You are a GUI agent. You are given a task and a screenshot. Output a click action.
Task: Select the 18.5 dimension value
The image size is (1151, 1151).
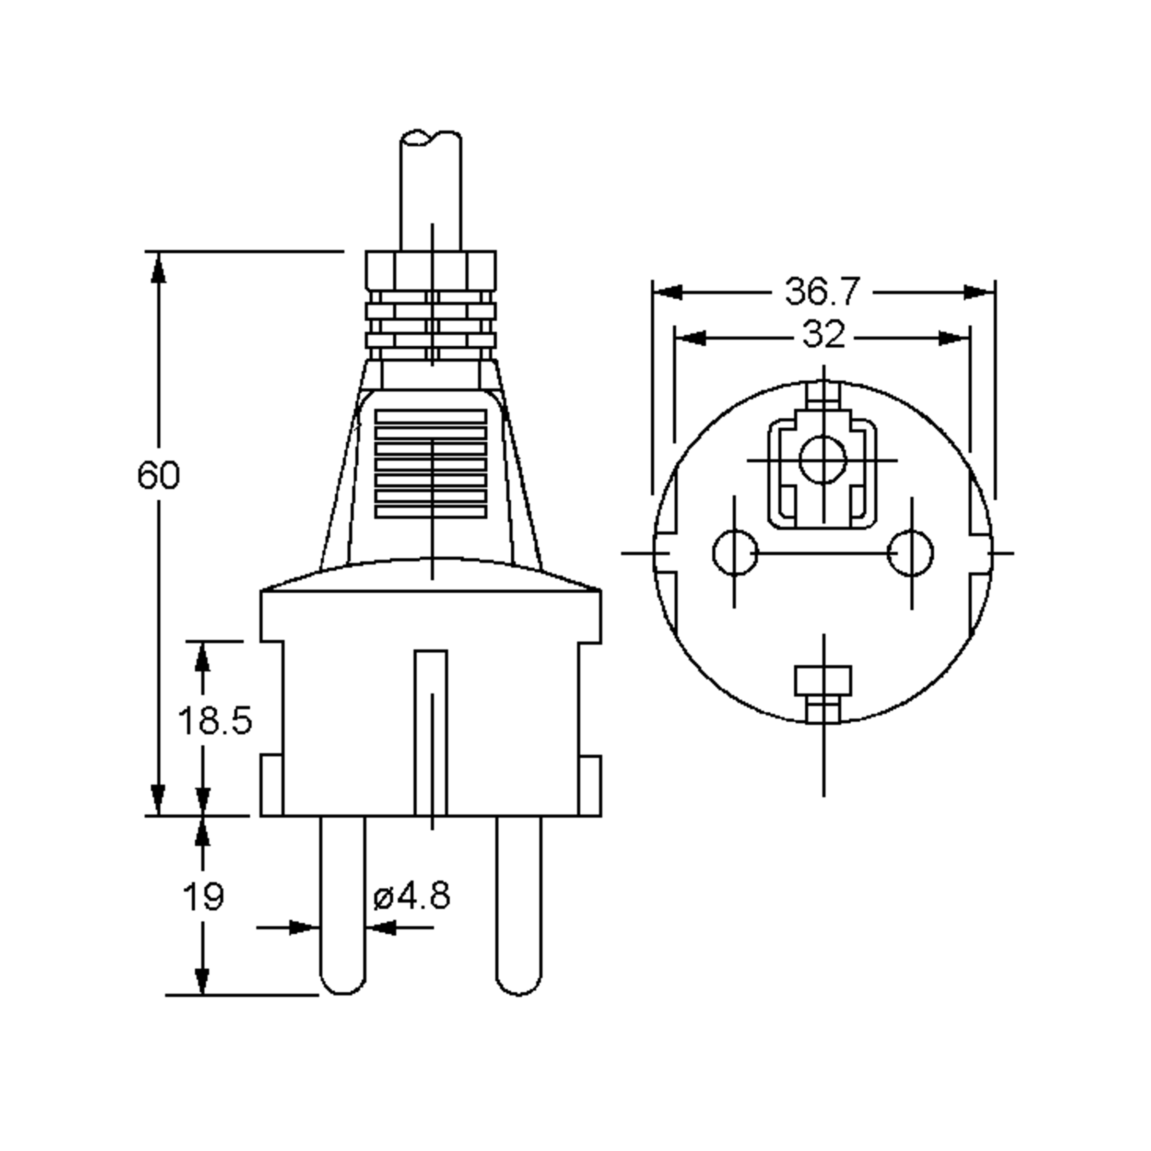coord(215,720)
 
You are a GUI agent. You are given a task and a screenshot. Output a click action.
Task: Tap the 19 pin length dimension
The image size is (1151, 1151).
coord(203,897)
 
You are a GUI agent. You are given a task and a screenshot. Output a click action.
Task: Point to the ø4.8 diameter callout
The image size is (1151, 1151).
coord(411,895)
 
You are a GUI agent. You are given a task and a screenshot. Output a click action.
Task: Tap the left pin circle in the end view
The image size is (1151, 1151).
coord(735,553)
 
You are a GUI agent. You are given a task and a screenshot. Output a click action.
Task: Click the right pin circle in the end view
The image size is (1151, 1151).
coord(910,553)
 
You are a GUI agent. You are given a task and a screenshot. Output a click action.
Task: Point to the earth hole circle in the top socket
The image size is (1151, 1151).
coord(823,460)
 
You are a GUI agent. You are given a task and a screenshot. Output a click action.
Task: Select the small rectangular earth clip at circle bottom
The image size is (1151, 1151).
coord(823,681)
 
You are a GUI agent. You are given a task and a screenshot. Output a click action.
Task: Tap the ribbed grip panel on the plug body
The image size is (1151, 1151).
coord(431,463)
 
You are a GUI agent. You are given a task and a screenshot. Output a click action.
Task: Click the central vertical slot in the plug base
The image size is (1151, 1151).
coord(431,733)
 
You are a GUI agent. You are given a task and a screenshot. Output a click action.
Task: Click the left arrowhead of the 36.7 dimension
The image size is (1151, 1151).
coord(667,293)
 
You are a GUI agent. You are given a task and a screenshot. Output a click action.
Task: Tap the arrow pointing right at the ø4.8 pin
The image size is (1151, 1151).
coord(303,928)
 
